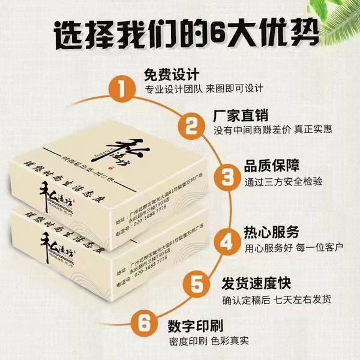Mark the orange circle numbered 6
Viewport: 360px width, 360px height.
[x=145, y=323]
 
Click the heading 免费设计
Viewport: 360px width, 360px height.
[x=170, y=76]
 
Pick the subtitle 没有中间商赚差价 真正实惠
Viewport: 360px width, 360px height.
[x=273, y=130]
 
